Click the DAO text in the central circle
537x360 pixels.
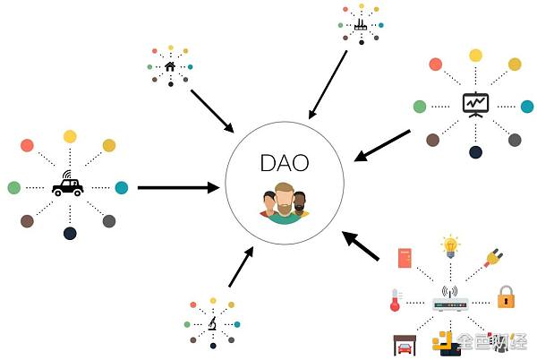click(x=285, y=163)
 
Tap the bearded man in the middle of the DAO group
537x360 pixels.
click(x=284, y=204)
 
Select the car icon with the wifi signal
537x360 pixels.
click(x=68, y=184)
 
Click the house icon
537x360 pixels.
click(x=170, y=66)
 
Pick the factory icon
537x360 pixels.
click(x=361, y=25)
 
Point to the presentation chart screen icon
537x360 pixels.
click(x=475, y=105)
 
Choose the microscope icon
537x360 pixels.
click(x=213, y=323)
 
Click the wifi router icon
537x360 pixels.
click(x=450, y=299)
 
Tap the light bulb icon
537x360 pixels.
click(x=450, y=246)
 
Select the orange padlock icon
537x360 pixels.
click(x=507, y=297)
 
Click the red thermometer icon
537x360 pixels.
click(x=396, y=300)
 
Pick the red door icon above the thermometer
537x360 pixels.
click(x=405, y=258)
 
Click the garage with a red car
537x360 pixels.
click(x=405, y=346)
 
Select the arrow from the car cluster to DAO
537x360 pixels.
click(x=178, y=188)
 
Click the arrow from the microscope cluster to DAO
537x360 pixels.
click(x=241, y=267)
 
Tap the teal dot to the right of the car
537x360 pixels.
click(x=122, y=188)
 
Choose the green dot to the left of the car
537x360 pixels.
click(x=14, y=188)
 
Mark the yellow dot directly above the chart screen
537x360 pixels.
click(x=475, y=56)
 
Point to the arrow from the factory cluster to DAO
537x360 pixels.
click(x=328, y=85)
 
